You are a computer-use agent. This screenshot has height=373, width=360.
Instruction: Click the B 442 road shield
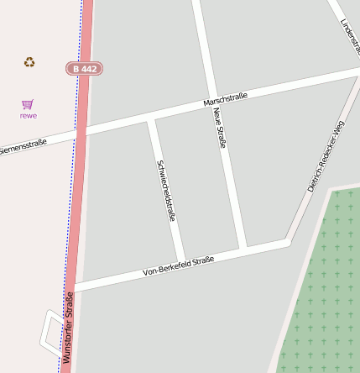coord(84,68)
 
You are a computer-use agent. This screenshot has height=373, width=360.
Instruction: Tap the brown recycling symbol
coord(29,61)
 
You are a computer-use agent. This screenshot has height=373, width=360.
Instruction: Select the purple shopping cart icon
coord(28,104)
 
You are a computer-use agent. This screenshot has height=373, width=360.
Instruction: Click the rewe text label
coord(29,115)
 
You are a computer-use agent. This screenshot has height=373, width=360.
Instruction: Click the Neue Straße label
coord(220,128)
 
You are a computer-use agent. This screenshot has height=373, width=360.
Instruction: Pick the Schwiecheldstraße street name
coord(166,190)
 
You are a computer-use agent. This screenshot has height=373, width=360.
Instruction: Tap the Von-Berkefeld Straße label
coord(179,265)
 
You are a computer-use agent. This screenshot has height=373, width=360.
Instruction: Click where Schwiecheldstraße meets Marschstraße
coord(151,118)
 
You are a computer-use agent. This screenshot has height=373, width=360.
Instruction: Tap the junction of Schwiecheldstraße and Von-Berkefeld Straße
coord(182,262)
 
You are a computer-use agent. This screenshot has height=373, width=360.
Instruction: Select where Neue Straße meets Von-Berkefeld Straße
coord(243,250)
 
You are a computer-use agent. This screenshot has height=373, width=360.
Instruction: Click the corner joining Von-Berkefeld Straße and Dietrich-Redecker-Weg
coord(288,241)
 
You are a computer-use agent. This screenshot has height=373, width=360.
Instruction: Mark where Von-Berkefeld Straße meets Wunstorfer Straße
coord(74,286)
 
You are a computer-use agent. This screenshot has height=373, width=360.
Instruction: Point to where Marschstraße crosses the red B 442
coord(81,133)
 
